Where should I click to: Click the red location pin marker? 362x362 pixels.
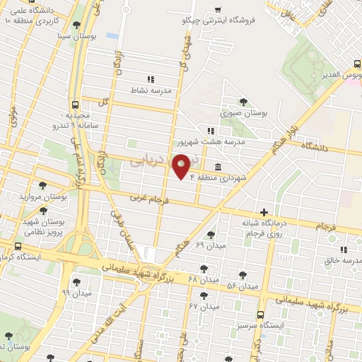(x=182, y=166)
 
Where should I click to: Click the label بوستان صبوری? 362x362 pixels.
(x=239, y=112)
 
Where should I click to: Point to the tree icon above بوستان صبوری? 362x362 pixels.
(x=244, y=102)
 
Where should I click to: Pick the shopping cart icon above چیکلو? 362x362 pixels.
(x=218, y=9)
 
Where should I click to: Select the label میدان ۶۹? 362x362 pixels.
(x=210, y=245)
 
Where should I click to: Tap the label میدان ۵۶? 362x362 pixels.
(x=243, y=286)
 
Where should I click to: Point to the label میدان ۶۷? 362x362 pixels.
(x=205, y=306)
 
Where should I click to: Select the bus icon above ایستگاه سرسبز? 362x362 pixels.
(x=260, y=314)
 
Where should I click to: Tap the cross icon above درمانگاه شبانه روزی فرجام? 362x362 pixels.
(x=264, y=212)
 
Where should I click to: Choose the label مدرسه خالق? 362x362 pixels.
(x=343, y=261)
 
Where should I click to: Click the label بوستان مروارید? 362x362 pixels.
(x=42, y=197)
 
